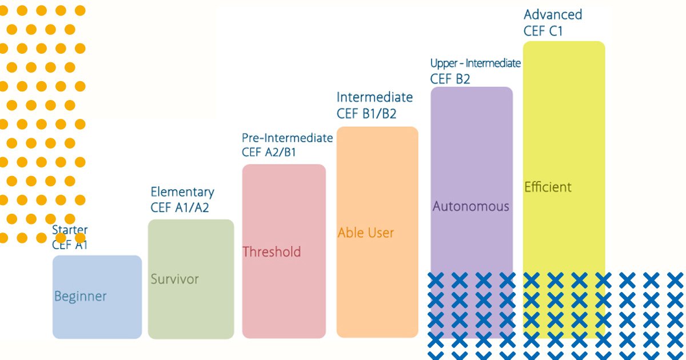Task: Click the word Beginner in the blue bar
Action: pos(80,297)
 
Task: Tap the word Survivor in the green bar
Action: pos(174,279)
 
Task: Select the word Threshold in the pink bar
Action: pos(272,251)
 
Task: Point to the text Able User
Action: pos(366,233)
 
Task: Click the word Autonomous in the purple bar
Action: pos(470,206)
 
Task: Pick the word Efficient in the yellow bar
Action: pos(548,187)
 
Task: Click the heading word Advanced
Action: pos(553,15)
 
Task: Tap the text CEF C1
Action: pos(543,31)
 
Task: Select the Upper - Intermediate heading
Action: pos(475,63)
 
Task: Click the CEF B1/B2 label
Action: pos(366,114)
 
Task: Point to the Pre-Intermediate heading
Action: pos(287,138)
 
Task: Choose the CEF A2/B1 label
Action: pos(269,152)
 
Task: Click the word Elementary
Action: pos(182,192)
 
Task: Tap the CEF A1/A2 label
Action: pos(180,207)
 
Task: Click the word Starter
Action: pos(70,230)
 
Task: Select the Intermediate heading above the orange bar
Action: pos(374,97)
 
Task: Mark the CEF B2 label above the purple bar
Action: pos(450,79)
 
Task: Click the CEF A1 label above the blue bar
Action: pos(70,245)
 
